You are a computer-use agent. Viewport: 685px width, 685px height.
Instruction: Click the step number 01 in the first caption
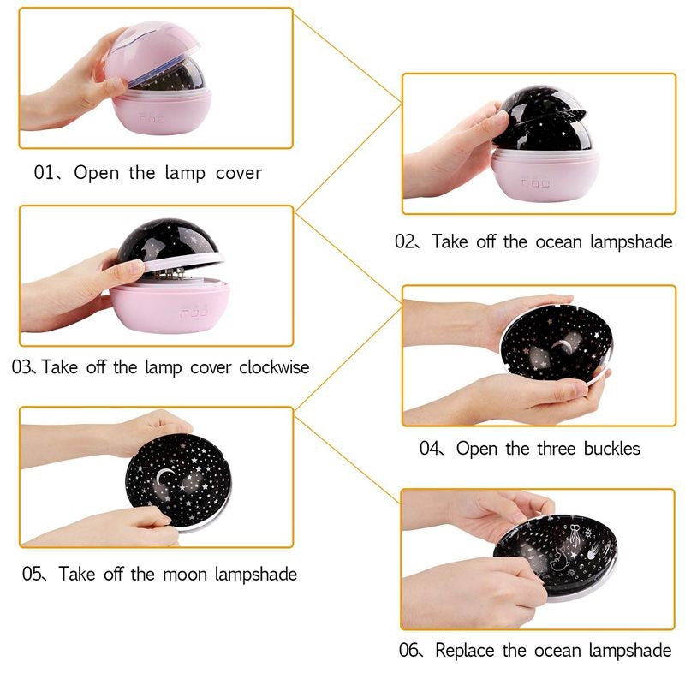(44, 173)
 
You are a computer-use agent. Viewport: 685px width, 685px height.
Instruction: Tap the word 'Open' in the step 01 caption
(97, 173)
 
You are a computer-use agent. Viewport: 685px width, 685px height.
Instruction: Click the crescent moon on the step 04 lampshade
(562, 347)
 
